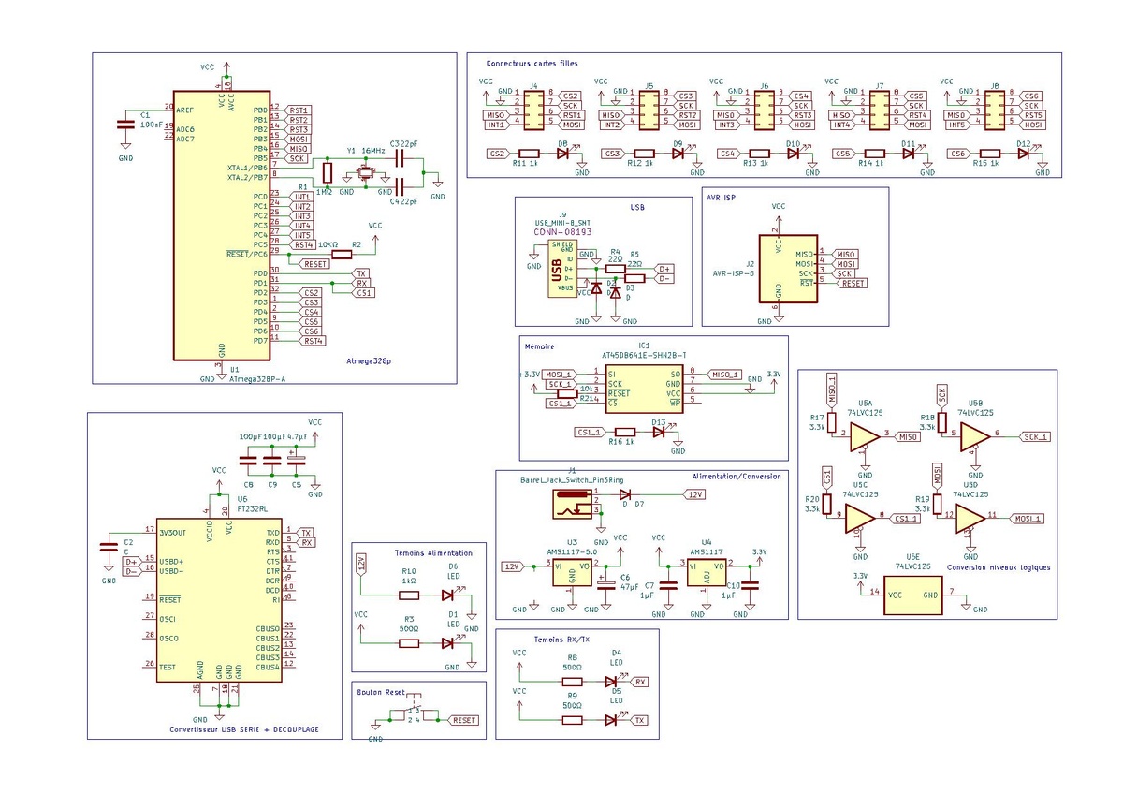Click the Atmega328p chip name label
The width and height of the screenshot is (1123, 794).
(369, 360)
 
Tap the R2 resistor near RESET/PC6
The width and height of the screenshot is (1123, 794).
(342, 254)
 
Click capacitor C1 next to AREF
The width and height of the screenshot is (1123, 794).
(124, 125)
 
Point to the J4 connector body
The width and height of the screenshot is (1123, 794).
(532, 111)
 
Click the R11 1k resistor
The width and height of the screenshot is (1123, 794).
(529, 154)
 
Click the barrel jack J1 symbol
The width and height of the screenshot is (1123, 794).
(568, 507)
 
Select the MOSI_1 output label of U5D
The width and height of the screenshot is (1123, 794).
(1028, 518)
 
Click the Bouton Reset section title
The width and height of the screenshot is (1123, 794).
(382, 692)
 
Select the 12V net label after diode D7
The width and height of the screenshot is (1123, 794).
(694, 493)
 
